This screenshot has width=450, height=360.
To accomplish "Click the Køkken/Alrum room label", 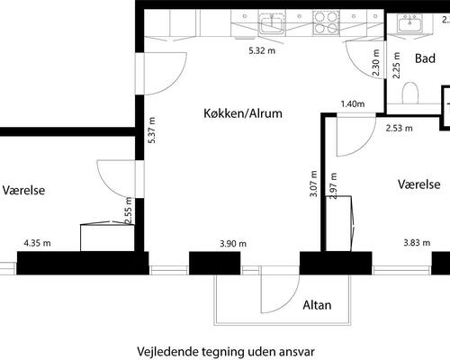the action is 243,113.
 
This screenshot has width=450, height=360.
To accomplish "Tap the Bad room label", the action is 425,58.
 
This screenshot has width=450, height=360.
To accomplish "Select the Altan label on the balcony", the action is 317,305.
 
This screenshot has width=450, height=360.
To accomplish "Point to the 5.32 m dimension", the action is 262,50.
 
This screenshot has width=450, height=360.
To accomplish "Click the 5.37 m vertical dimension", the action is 152,130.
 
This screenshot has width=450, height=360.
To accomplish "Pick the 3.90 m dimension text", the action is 233,244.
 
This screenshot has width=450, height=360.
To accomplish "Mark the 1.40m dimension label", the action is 353,104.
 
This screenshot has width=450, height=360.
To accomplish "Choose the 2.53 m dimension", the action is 399,129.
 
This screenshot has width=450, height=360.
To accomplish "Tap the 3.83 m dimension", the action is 417,243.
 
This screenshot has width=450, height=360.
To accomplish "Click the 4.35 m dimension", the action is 37,243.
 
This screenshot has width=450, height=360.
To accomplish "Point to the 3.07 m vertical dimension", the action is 313,184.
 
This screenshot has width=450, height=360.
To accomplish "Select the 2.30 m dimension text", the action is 375,62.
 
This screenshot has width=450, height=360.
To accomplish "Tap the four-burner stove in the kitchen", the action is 326,22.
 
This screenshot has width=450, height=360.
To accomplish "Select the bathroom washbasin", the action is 410,23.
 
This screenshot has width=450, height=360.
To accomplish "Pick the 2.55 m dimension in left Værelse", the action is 128,211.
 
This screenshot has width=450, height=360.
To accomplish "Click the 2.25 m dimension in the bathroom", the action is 396,66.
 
